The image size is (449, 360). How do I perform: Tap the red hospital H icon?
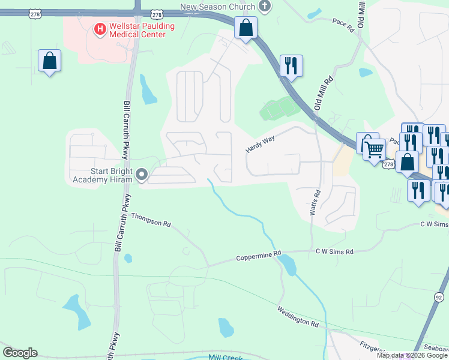(x=100, y=28)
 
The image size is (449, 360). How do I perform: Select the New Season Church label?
(x=217, y=6)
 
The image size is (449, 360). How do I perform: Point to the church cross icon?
(x=264, y=6)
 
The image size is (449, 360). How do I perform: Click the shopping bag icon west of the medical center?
(x=50, y=61)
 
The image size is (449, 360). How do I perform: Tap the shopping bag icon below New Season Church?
(x=246, y=28)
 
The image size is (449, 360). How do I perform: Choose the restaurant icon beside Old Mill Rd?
(x=291, y=66)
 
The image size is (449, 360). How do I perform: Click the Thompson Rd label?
(x=151, y=220)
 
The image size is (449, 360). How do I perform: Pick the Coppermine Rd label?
(x=259, y=257)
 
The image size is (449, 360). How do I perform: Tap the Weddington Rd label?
(x=298, y=316)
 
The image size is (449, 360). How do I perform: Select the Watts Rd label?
(x=315, y=203)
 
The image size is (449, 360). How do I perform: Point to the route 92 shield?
(x=439, y=296)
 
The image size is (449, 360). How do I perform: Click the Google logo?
(x=20, y=353)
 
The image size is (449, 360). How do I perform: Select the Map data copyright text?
(x=412, y=355)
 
